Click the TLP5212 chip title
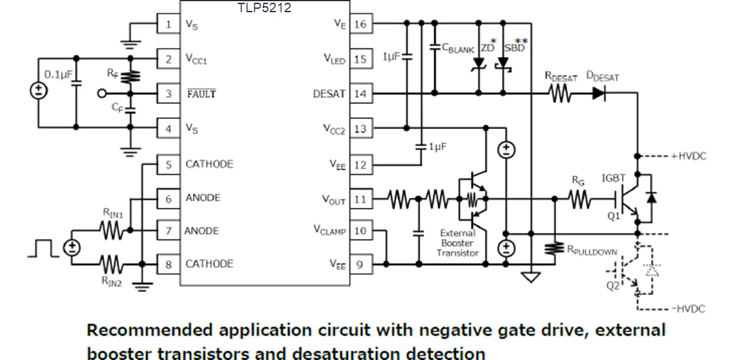click(265, 7)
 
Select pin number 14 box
click(360, 94)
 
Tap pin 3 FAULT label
click(202, 94)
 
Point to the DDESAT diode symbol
click(599, 94)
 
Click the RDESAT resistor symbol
click(560, 94)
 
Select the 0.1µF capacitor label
click(56, 74)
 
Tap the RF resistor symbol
click(130, 76)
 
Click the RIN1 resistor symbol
click(111, 230)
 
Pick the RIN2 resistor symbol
click(111, 264)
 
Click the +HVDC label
click(690, 156)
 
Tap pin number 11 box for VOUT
click(360, 199)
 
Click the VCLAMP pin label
click(330, 230)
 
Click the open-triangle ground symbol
click(531, 278)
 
